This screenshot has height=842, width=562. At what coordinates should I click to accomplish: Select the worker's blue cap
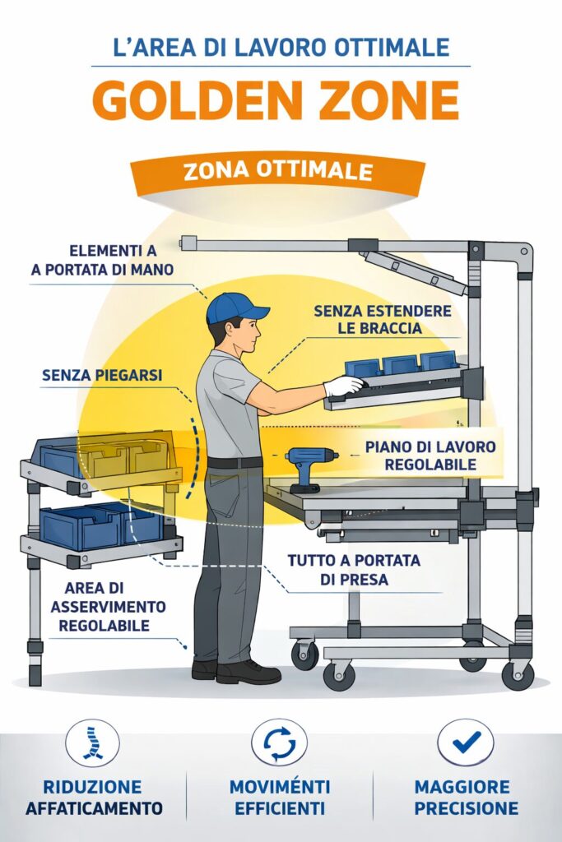[235, 308]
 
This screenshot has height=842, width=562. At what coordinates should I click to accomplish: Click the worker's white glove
[343, 386]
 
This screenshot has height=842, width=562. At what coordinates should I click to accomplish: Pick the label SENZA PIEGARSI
[102, 375]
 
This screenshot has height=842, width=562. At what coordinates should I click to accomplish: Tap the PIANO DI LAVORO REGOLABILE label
[430, 456]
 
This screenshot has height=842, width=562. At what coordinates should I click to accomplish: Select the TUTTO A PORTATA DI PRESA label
[354, 570]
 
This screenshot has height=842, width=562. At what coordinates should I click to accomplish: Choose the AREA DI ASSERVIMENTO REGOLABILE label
[108, 607]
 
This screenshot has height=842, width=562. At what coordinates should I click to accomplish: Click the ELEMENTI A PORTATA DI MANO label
[103, 260]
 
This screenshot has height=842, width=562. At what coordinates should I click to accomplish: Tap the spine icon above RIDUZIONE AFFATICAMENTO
[92, 743]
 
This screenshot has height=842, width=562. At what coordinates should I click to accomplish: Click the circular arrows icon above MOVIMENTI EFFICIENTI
[280, 743]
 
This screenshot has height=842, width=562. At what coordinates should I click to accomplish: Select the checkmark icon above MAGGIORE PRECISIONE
[465, 743]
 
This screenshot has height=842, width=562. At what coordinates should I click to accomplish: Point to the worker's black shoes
[236, 671]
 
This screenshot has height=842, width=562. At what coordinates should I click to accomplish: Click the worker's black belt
[235, 462]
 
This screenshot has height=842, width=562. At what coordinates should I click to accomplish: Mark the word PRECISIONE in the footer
[467, 808]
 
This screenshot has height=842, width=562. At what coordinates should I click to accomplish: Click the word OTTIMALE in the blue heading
[391, 47]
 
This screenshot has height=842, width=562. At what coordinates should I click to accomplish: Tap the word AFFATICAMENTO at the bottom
[94, 808]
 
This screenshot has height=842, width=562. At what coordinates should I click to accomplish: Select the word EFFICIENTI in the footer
[280, 808]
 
